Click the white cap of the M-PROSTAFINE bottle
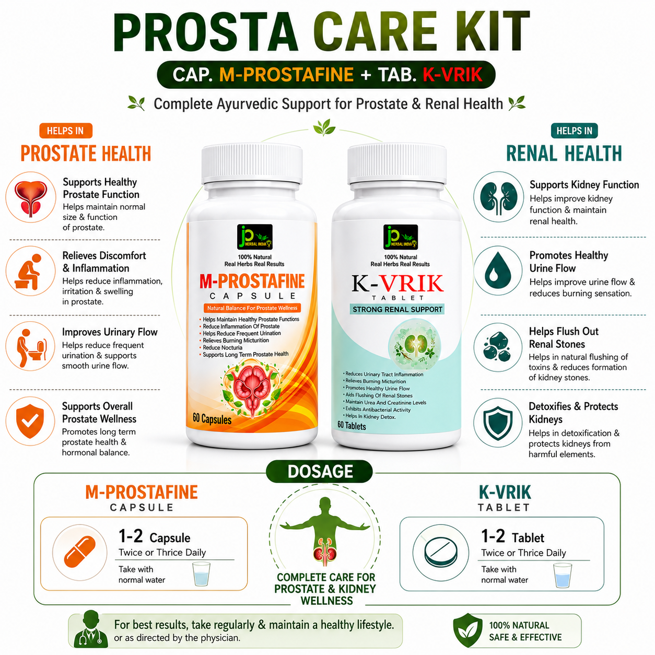tap(252, 164)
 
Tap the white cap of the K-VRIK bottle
tap(396, 164)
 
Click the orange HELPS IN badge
tap(66, 131)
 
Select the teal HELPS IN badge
tap(574, 131)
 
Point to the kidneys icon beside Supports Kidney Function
tap(499, 197)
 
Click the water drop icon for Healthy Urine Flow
tap(498, 271)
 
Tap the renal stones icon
tap(498, 347)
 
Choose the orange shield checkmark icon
tap(30, 422)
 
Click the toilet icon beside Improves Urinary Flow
tap(30, 347)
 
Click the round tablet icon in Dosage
tap(440, 553)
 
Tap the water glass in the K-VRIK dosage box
tap(563, 575)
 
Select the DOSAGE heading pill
tap(320, 472)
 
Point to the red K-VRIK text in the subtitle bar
tap(452, 75)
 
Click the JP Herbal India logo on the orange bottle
tap(255, 237)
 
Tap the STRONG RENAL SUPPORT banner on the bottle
tap(397, 309)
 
